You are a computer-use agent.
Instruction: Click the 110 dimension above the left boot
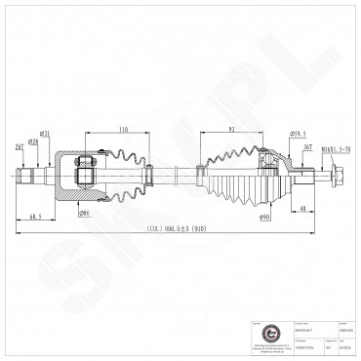(x=122, y=129)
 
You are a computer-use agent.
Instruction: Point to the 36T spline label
(x=307, y=147)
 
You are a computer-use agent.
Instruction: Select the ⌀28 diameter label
(x=32, y=142)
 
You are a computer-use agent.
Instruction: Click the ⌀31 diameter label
(x=46, y=134)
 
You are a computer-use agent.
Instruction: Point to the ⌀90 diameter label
(x=264, y=216)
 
